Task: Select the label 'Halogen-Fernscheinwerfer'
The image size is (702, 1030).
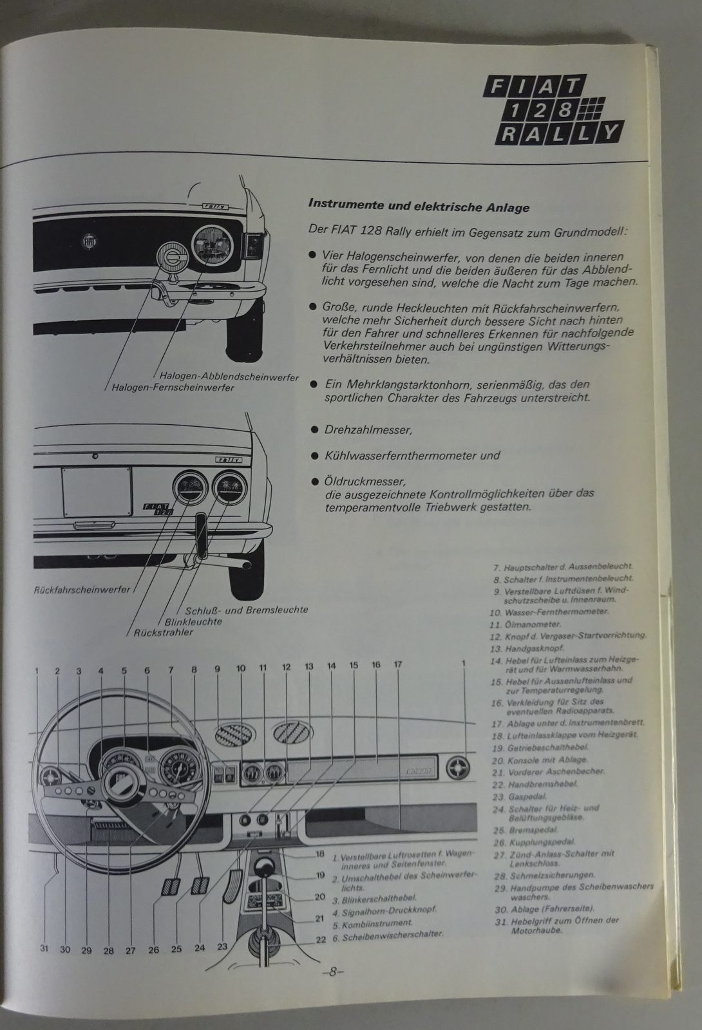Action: (x=173, y=388)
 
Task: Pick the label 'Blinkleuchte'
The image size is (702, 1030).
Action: (x=193, y=621)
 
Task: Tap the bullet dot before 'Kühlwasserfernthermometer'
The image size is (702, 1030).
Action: (x=314, y=456)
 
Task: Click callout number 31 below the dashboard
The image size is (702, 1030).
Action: (x=44, y=948)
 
